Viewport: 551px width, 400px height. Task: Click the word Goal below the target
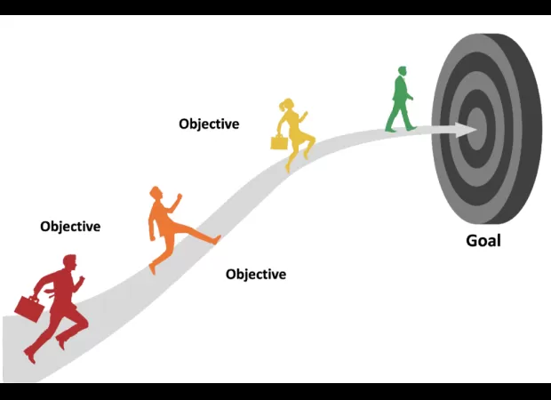click(483, 241)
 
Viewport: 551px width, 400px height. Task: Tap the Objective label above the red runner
click(70, 227)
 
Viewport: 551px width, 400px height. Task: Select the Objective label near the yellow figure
click(209, 124)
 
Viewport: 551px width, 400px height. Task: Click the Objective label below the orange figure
click(256, 275)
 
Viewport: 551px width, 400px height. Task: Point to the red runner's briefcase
click(29, 308)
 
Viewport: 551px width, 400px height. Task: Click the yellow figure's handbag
click(280, 141)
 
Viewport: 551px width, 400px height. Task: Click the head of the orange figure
click(156, 193)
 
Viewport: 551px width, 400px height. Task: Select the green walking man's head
click(402, 71)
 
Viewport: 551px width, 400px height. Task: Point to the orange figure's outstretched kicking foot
click(214, 238)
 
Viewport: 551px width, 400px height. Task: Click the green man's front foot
click(411, 127)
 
